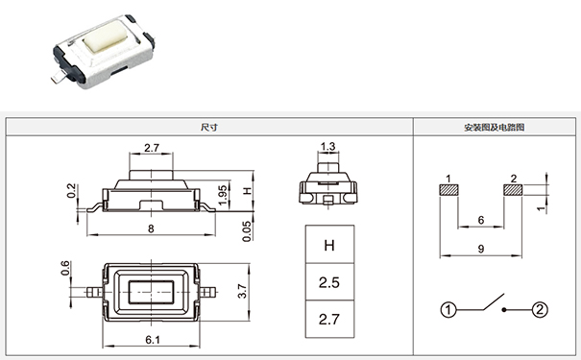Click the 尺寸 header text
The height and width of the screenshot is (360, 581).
pyautogui.click(x=208, y=127)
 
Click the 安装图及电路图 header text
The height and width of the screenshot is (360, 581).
pyautogui.click(x=494, y=127)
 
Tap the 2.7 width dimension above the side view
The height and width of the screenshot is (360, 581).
pyautogui.click(x=151, y=148)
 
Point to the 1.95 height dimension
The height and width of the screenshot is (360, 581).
pyautogui.click(x=222, y=194)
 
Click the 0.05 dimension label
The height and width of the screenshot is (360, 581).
pyautogui.click(x=247, y=230)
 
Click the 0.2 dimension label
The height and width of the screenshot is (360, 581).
pyautogui.click(x=71, y=191)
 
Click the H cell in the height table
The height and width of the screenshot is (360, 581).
pyautogui.click(x=328, y=246)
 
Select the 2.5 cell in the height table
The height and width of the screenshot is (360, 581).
pyautogui.click(x=328, y=282)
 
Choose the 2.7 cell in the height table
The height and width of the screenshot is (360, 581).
pyautogui.click(x=328, y=319)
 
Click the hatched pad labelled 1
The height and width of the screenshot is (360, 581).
pyautogui.click(x=448, y=190)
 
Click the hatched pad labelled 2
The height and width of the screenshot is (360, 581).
pyautogui.click(x=514, y=190)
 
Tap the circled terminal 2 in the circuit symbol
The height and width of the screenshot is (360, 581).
pyautogui.click(x=540, y=309)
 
